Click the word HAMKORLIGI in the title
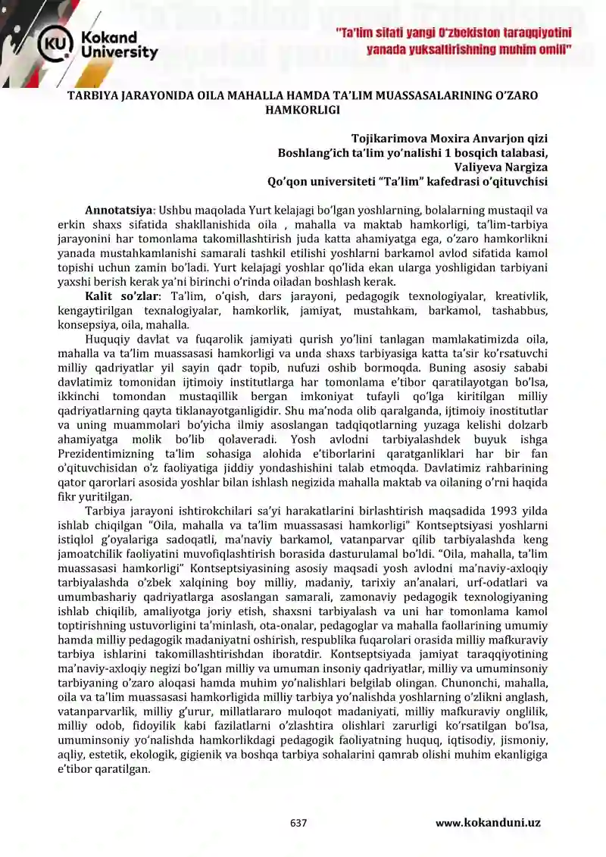coord(302,109)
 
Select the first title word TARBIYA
coord(90,96)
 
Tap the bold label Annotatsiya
coord(119,210)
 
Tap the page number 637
coord(298,823)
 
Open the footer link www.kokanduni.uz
coord(488,823)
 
